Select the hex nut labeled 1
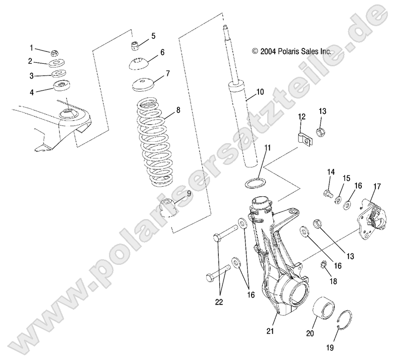(x=54, y=53)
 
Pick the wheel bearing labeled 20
(x=324, y=308)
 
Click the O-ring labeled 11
(x=255, y=183)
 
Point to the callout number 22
(x=219, y=302)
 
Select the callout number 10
(x=260, y=92)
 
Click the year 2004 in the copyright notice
(x=268, y=51)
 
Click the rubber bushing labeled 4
(x=61, y=86)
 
